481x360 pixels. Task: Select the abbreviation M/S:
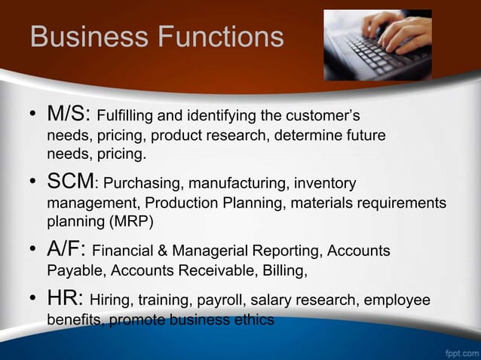coord(69,114)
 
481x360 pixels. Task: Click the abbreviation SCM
coord(72,182)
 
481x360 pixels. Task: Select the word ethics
coord(254,320)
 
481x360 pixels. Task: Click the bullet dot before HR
coord(33,300)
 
